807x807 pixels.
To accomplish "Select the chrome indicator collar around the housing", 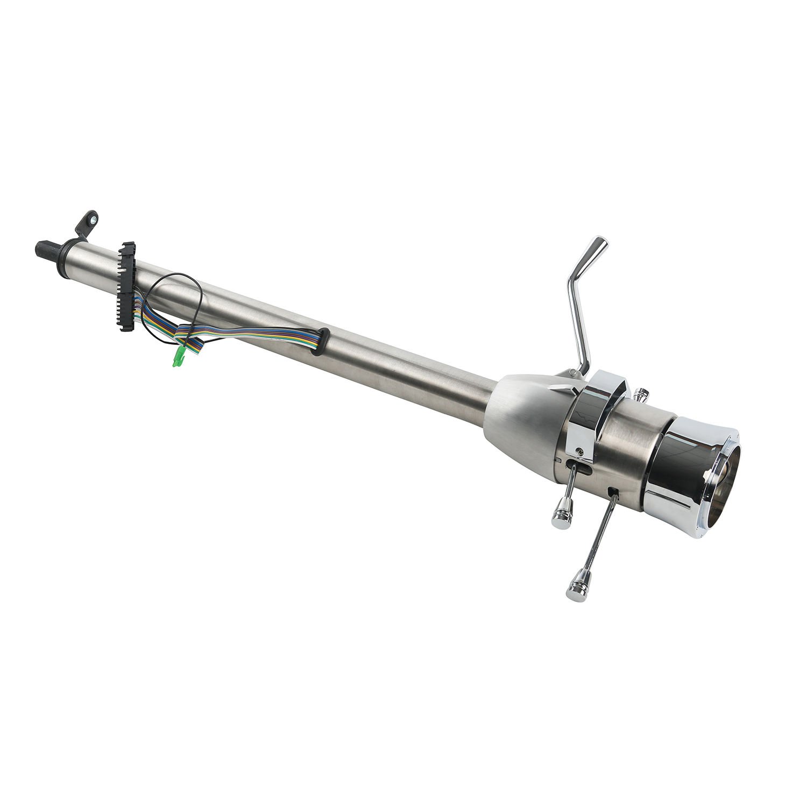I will click(x=594, y=414).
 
